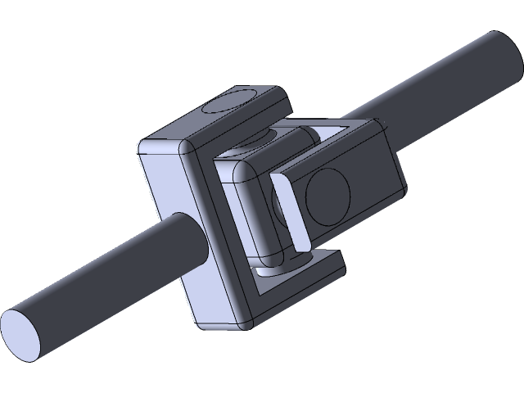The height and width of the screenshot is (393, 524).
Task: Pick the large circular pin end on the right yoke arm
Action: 327,197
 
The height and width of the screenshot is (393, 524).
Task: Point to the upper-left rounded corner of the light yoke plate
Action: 144,147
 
